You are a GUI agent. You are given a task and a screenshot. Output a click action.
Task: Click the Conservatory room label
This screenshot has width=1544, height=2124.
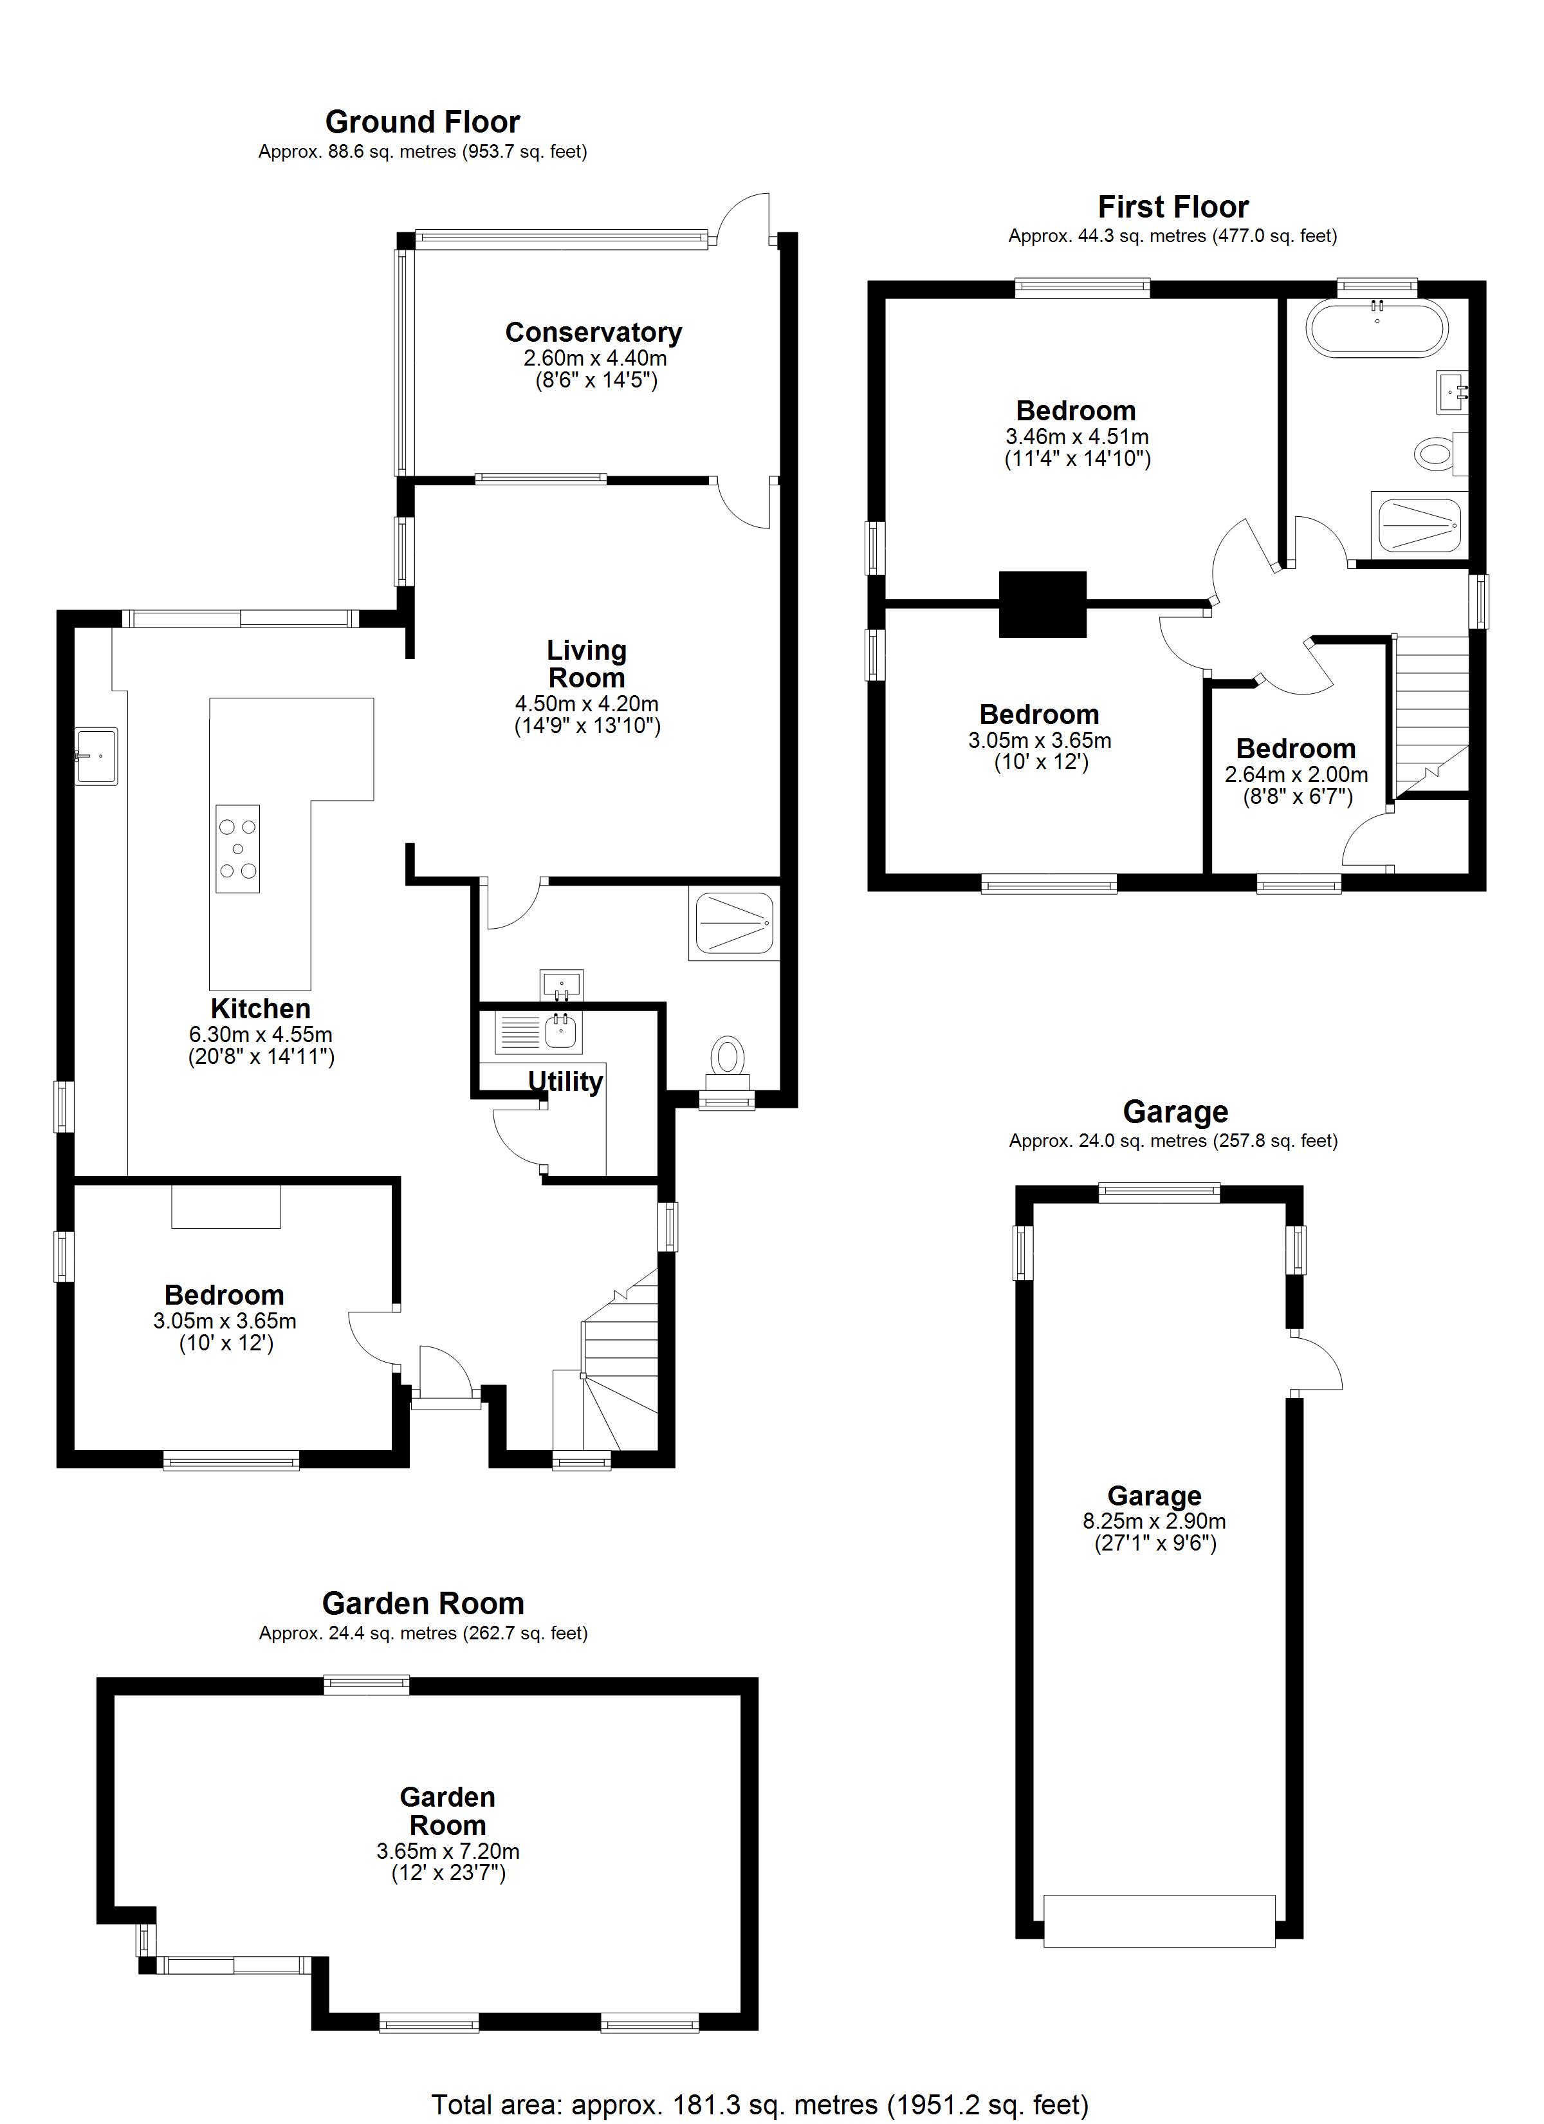(x=594, y=333)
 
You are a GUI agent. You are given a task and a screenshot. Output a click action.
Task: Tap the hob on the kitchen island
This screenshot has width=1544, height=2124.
(x=238, y=848)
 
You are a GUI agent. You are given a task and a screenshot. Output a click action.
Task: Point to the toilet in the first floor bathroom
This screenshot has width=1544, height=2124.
(x=1439, y=455)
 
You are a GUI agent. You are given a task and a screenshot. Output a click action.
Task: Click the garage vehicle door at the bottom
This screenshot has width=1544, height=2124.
(x=1159, y=1921)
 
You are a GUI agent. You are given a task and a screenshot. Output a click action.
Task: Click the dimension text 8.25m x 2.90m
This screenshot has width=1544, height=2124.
(x=1155, y=1522)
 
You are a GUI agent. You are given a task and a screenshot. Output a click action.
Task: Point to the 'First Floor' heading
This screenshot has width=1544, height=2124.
(x=1173, y=207)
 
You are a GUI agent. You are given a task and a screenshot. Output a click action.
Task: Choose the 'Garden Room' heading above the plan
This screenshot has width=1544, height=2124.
(x=423, y=1604)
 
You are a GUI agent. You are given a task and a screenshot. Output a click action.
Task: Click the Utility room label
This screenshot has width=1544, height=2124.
(x=565, y=1082)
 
